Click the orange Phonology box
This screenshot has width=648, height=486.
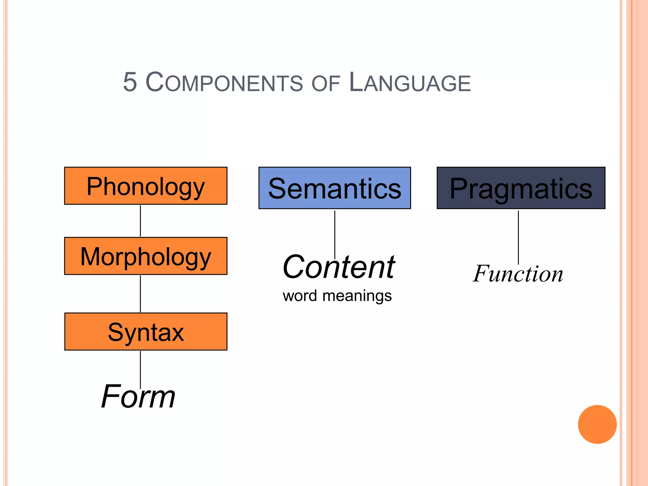pyautogui.click(x=146, y=186)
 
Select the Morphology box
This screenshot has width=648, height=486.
pyautogui.click(x=146, y=256)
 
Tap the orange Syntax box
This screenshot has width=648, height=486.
pyautogui.click(x=146, y=332)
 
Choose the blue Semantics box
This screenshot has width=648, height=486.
pyautogui.click(x=334, y=188)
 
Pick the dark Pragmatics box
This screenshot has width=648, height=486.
pyautogui.click(x=521, y=188)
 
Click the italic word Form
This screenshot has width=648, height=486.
pyautogui.click(x=138, y=397)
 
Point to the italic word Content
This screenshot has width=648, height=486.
pyautogui.click(x=339, y=267)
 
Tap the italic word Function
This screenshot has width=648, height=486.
pyautogui.click(x=518, y=274)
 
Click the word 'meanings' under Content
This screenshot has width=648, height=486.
pyautogui.click(x=357, y=296)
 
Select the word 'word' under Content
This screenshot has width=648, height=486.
pyautogui.click(x=300, y=296)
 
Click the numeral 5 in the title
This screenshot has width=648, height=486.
pyautogui.click(x=130, y=82)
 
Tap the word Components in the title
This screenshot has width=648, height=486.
pyautogui.click(x=224, y=82)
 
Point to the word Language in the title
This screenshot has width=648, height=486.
pyautogui.click(x=410, y=82)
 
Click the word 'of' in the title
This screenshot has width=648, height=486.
pyautogui.click(x=326, y=84)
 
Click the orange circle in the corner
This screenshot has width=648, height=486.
pyautogui.click(x=597, y=424)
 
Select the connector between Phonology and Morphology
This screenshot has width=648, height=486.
pyautogui.click(x=140, y=221)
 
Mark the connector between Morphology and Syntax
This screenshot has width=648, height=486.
pyautogui.click(x=140, y=294)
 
